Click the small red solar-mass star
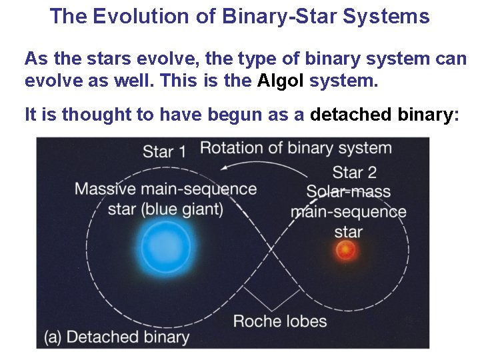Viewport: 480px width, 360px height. pos(345,251)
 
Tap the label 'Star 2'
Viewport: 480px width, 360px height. pos(354,172)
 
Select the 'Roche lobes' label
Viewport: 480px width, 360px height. pos(280,321)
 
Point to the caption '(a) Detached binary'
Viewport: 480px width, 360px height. pos(117,337)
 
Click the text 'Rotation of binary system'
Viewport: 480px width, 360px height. pos(295,148)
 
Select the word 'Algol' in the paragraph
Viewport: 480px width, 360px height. pos(281,82)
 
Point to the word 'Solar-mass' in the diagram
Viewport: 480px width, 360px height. pos(348,193)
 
